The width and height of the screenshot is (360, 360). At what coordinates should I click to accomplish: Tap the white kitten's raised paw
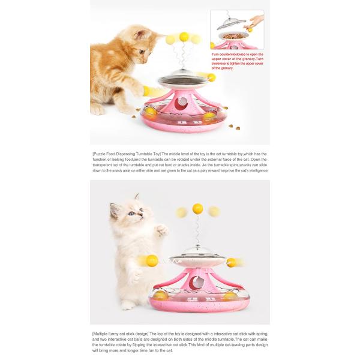click(161, 229)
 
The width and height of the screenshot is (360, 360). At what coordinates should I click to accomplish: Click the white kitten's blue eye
click(131, 213)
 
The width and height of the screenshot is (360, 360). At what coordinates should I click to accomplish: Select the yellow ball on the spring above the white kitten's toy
click(197, 209)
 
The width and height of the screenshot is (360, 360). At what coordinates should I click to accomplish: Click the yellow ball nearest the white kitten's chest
click(152, 260)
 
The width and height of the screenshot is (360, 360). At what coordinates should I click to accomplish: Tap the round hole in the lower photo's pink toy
click(196, 281)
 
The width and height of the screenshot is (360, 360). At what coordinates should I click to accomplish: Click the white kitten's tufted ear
click(137, 197)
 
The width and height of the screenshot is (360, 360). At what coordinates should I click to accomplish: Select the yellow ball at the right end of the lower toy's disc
click(232, 262)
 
